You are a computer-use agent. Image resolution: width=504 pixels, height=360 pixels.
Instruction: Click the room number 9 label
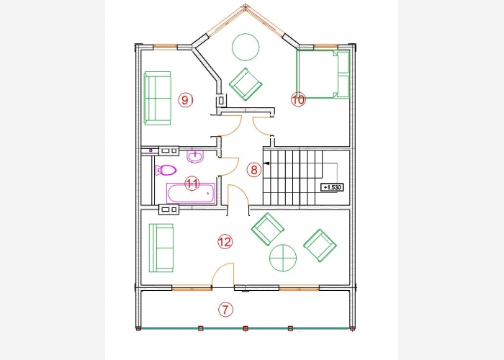point(186,100)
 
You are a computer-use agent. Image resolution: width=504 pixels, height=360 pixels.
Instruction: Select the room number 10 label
point(298,99)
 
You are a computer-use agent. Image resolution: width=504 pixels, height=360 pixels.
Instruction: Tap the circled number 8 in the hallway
point(254,169)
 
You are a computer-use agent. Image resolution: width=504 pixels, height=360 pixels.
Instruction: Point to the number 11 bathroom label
point(192,184)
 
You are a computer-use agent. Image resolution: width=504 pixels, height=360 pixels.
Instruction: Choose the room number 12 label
point(225,242)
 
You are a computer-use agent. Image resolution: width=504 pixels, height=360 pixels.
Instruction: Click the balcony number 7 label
point(225,310)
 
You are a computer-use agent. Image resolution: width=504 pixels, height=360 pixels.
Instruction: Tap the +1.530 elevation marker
point(332,187)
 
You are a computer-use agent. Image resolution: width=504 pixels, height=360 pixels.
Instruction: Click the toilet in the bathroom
point(166,170)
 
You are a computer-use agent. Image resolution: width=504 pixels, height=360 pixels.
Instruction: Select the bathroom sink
point(195,156)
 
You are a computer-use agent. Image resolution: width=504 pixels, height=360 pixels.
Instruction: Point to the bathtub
point(191,193)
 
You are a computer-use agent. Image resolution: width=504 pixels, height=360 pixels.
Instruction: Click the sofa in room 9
point(157,98)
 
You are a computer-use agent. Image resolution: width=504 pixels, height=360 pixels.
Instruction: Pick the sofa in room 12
point(161,248)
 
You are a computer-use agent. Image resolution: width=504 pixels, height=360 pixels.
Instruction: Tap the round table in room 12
point(283,258)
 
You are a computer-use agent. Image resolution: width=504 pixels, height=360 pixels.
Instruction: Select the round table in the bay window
point(246,47)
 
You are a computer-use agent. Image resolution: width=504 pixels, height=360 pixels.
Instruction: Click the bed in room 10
point(323,74)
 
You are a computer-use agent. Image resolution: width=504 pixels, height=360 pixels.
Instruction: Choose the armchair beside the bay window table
point(246,84)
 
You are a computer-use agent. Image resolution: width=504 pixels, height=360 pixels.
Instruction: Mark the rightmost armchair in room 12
point(320,246)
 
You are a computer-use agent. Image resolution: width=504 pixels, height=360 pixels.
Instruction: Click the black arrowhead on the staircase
point(266,163)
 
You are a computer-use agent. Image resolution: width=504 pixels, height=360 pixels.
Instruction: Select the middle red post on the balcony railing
point(246,328)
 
